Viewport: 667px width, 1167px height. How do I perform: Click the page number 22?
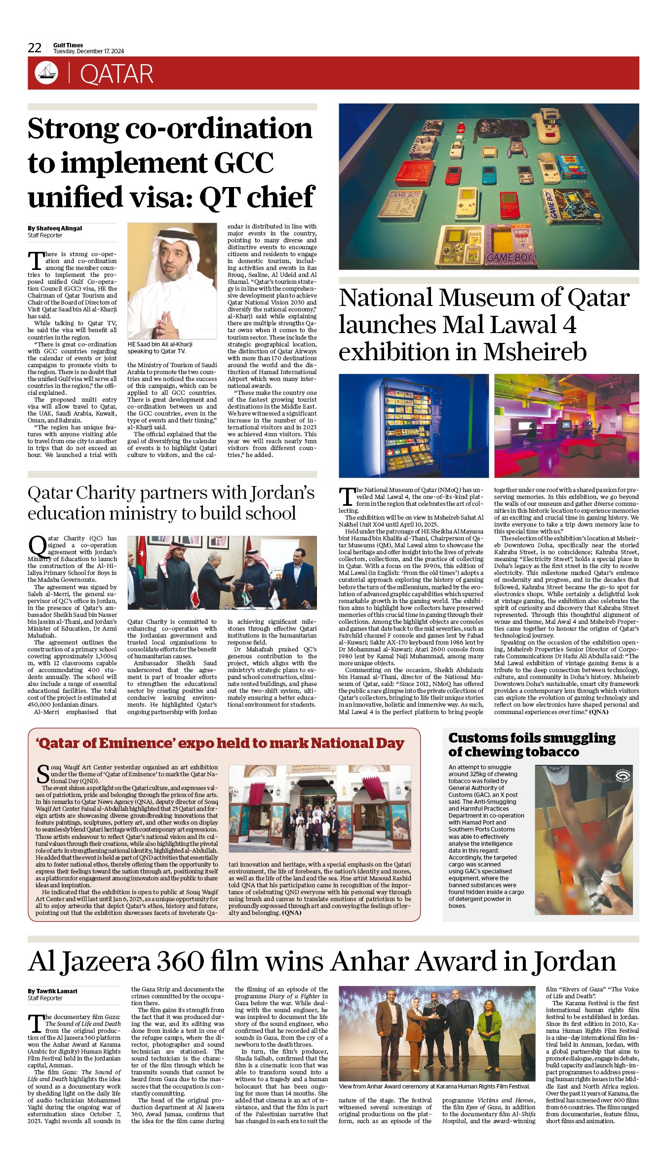pyautogui.click(x=35, y=48)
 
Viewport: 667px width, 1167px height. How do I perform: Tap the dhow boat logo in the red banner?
pyautogui.click(x=46, y=73)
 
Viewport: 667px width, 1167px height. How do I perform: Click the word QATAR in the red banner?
pyautogui.click(x=117, y=74)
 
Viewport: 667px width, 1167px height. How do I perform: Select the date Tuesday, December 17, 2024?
pyautogui.click(x=88, y=51)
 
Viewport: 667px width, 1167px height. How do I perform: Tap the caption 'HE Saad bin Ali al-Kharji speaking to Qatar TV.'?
pyautogui.click(x=160, y=347)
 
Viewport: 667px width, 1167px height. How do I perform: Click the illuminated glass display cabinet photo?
pyautogui.click(x=413, y=425)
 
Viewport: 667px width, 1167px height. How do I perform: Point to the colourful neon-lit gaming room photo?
pyautogui.click(x=566, y=425)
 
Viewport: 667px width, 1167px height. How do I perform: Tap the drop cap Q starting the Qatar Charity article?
pyautogui.click(x=37, y=545)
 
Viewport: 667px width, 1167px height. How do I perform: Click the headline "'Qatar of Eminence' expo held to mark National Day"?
pyautogui.click(x=220, y=743)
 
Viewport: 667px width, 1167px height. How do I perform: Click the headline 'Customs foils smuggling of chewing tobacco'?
pyautogui.click(x=532, y=745)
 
